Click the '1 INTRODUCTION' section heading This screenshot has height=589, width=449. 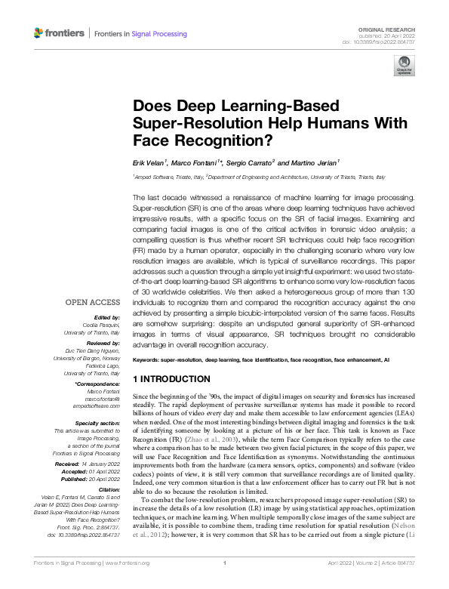(171, 378)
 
